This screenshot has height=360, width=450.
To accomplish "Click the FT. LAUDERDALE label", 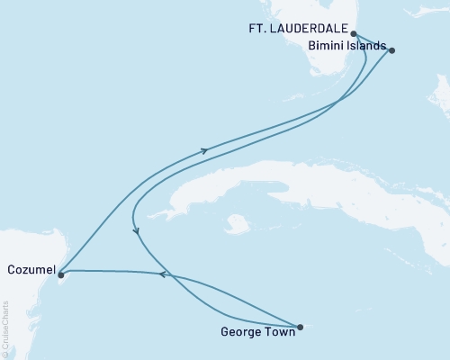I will (299, 28).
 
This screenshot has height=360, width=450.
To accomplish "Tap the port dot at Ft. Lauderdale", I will (354, 34).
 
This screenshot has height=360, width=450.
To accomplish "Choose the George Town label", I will (256, 331).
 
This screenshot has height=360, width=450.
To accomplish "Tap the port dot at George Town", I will (300, 327).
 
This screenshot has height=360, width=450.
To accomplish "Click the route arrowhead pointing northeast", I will (205, 150).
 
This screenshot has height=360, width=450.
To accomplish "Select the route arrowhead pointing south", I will (136, 231).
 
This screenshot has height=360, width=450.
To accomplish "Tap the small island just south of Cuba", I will (237, 222).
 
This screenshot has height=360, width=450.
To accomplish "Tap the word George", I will (239, 331).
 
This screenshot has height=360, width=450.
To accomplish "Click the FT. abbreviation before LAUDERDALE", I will (258, 28).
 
